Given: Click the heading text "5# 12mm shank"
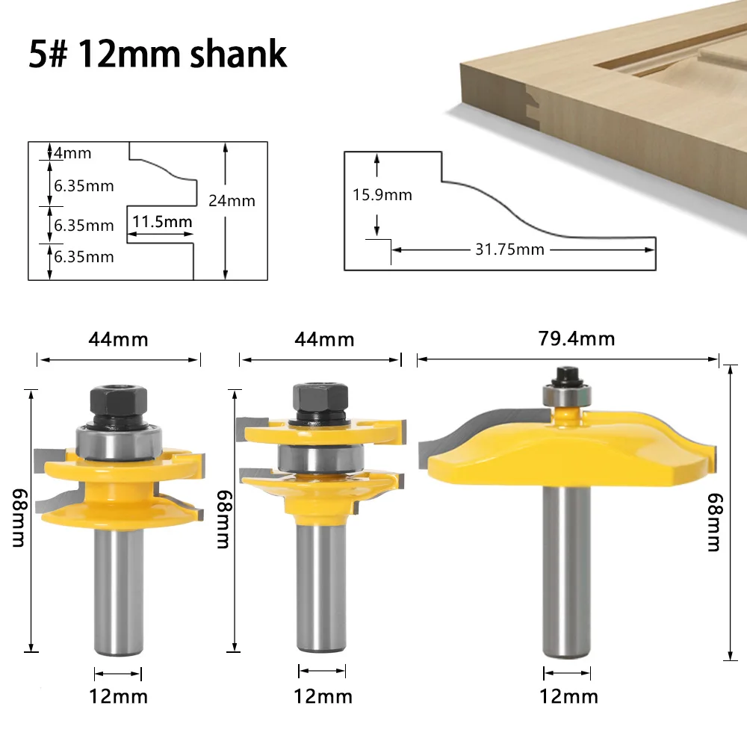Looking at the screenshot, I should [x=158, y=55].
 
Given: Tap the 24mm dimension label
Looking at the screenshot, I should [x=232, y=200].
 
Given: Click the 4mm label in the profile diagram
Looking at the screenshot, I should [x=72, y=153].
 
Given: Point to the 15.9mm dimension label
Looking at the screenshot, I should [x=382, y=195].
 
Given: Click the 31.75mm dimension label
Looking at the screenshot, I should [x=510, y=249].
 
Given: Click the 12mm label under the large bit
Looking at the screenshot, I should [x=568, y=697].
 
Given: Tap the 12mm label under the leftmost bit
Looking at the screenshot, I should [x=120, y=697].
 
